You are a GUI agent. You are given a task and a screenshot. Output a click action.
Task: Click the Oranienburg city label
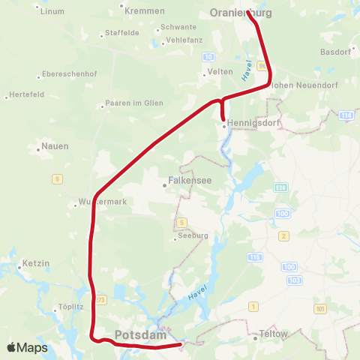click(x=244, y=12)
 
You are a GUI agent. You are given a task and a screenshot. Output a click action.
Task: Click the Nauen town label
click(x=55, y=145)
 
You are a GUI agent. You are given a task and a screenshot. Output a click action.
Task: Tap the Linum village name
click(x=52, y=11)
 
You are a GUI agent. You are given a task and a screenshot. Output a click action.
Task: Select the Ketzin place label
click(x=35, y=265)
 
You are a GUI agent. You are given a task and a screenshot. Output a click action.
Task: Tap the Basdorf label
click(x=334, y=52)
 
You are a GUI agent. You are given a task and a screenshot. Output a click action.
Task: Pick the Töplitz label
click(x=68, y=307)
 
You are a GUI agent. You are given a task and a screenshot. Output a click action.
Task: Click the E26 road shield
click(x=280, y=187)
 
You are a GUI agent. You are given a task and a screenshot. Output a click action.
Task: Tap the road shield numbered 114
click(x=345, y=115)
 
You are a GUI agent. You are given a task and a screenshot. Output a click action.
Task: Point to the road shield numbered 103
click(x=295, y=279)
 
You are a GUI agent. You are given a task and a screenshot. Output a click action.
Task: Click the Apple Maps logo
click(x=27, y=347)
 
